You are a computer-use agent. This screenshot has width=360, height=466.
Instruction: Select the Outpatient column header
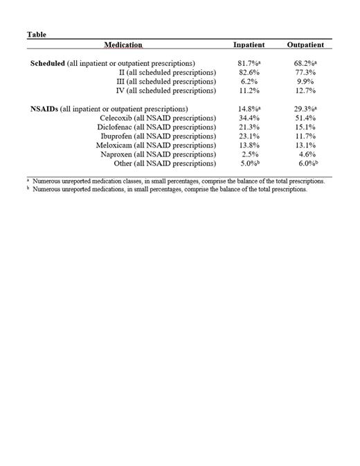click(x=305, y=45)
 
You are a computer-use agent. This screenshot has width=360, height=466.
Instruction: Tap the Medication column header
click(x=123, y=45)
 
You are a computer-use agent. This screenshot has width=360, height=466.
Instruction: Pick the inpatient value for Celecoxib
click(x=247, y=118)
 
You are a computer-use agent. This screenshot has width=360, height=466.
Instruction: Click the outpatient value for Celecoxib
click(x=304, y=118)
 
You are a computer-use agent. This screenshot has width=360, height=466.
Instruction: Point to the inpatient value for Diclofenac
click(x=247, y=127)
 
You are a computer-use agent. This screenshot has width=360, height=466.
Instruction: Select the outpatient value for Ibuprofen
click(x=304, y=136)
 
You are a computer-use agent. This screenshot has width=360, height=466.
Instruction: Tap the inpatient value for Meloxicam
click(x=247, y=145)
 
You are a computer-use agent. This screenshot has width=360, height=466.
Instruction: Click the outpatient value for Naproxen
click(x=304, y=154)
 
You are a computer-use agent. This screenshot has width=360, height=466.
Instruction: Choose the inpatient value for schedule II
click(x=247, y=73)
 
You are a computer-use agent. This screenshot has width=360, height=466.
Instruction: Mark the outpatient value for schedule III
click(x=304, y=82)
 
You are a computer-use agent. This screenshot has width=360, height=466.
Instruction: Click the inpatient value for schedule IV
click(x=247, y=91)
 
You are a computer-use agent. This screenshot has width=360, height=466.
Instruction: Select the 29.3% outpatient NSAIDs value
click(x=305, y=109)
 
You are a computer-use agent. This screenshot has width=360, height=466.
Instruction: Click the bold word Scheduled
click(x=48, y=64)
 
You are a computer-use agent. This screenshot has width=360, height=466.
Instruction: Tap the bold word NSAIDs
click(x=44, y=109)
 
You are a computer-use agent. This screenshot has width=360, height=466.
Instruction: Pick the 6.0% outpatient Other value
click(x=305, y=163)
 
